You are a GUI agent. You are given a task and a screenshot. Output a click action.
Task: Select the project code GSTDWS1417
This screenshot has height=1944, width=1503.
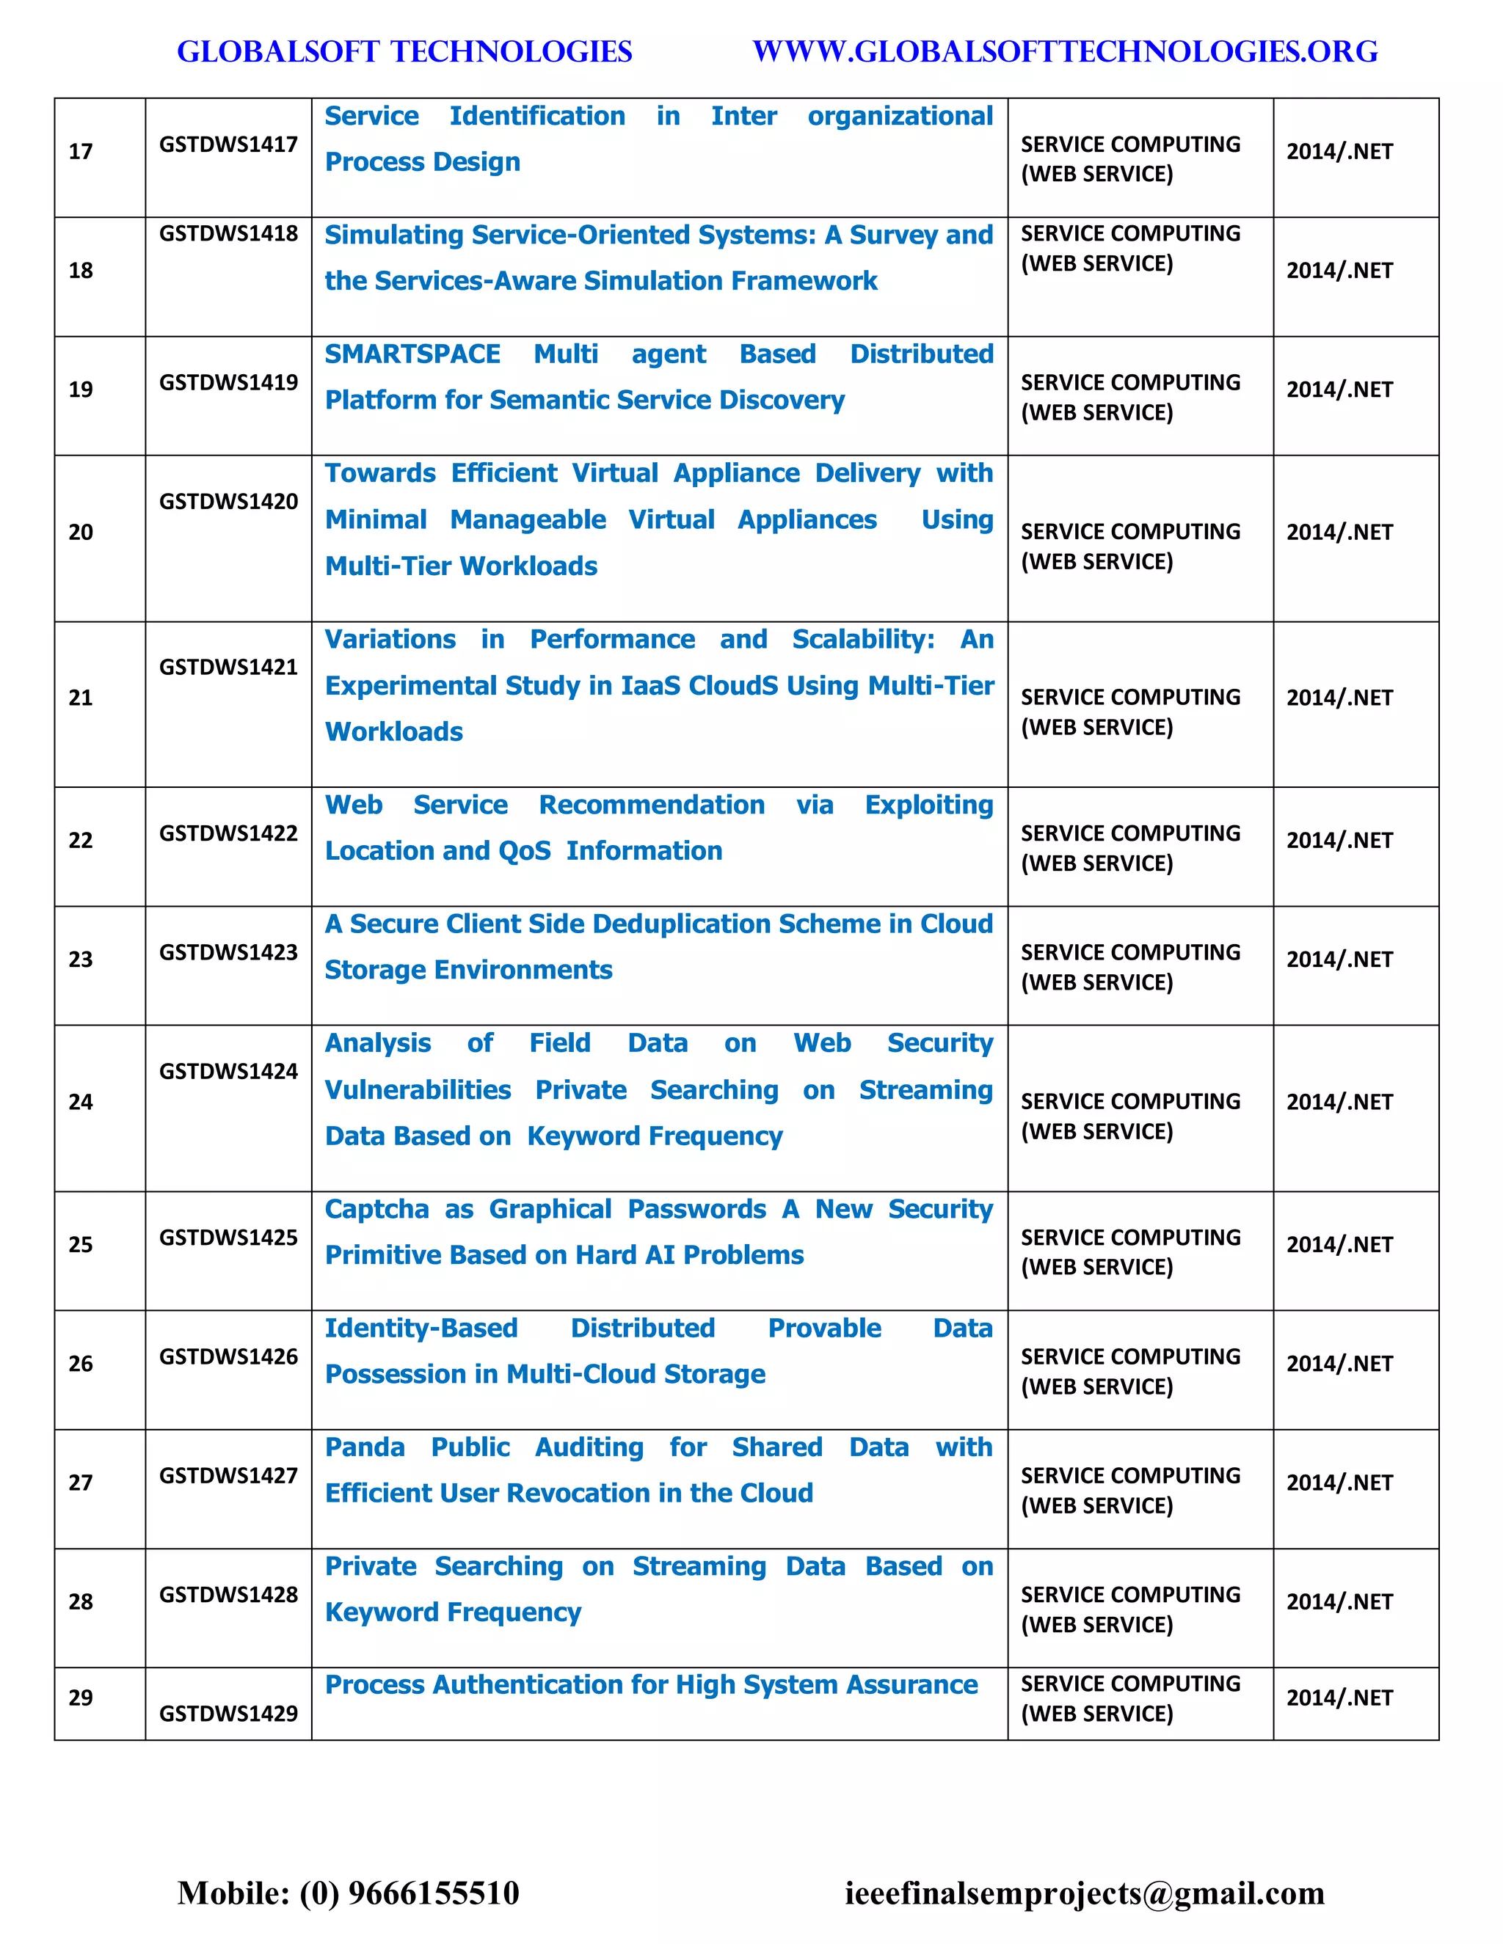point(228,145)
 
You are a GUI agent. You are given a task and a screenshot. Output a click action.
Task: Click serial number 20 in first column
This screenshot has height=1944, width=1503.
point(81,533)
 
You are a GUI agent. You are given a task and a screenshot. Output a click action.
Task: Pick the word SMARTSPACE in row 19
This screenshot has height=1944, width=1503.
point(412,354)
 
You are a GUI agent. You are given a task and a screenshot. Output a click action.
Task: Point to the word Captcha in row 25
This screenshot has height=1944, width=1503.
point(376,1209)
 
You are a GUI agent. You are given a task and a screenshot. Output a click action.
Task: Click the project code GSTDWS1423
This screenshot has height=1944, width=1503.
point(228,952)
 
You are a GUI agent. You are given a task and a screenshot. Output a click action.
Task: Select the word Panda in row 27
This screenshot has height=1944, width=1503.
point(365,1447)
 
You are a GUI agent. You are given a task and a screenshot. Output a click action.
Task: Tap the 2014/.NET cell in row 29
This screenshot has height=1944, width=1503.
point(1339,1698)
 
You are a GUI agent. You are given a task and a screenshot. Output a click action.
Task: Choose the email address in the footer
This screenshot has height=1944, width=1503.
point(1085,1893)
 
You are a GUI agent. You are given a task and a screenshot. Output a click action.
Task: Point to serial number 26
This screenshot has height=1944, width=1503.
point(81,1364)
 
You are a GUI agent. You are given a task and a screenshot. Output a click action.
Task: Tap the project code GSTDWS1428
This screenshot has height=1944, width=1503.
point(228,1594)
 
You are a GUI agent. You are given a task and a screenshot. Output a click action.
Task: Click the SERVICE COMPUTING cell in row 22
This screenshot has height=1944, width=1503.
point(1130,847)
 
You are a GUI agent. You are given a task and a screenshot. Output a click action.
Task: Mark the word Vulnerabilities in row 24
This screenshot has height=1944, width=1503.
point(418,1090)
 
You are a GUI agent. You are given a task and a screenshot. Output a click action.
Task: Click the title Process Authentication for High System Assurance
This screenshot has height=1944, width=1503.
point(651,1685)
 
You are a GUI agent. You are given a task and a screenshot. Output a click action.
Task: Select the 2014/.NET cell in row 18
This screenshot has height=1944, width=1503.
point(1339,271)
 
